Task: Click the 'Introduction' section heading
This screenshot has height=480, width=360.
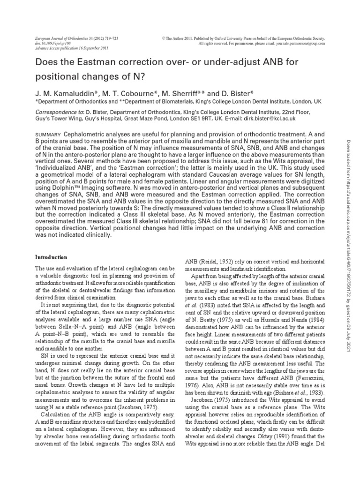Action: coord(52,257)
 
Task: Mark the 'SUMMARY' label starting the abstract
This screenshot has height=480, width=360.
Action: coord(48,134)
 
